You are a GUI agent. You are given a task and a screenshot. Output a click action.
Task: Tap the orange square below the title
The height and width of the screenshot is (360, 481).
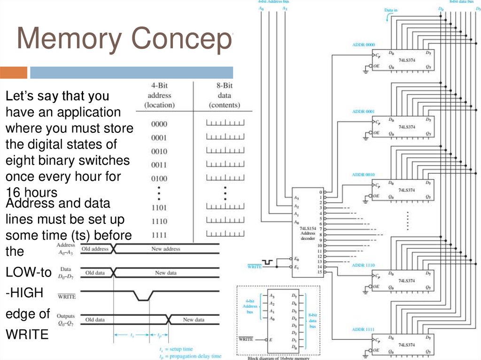point(13,73)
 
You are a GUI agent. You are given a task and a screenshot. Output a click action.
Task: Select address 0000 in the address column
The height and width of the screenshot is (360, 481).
point(159,124)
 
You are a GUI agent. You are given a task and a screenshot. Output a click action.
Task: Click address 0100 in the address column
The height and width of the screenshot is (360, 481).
point(159,179)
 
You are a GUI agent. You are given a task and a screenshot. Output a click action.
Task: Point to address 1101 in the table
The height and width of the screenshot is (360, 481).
point(159,207)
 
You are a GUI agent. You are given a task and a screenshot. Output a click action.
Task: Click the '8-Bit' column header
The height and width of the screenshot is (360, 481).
point(225,86)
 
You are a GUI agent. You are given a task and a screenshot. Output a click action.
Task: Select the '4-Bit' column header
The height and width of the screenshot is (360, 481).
point(160,86)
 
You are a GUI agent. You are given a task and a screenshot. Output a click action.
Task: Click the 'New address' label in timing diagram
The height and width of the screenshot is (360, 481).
point(165,249)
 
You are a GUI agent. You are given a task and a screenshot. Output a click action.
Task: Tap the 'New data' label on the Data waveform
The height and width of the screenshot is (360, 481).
point(166,273)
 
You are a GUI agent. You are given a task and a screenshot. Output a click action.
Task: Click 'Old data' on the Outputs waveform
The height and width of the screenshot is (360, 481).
point(95,320)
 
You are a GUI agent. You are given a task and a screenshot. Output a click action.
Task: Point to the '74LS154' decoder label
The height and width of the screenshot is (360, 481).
point(308,227)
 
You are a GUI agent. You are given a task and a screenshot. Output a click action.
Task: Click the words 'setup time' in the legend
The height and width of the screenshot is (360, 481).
point(182,349)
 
